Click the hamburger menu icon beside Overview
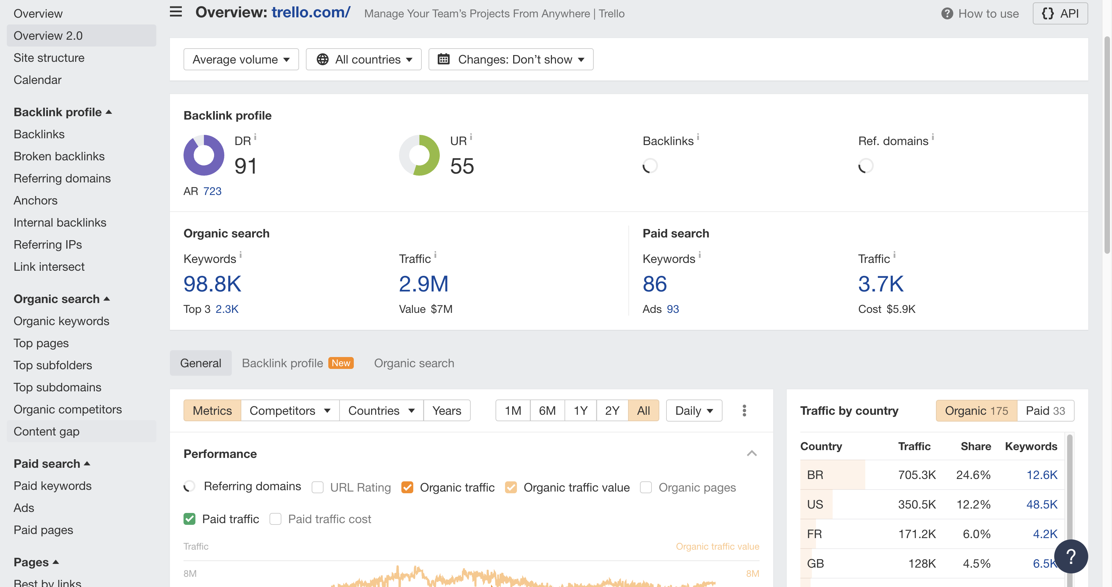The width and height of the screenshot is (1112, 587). [x=176, y=12]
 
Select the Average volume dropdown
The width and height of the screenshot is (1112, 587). [x=241, y=59]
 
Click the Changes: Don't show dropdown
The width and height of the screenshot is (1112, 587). [x=511, y=59]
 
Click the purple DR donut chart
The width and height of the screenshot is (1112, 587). [x=204, y=155]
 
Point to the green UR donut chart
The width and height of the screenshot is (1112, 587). [x=419, y=155]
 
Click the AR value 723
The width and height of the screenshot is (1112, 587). [x=212, y=191]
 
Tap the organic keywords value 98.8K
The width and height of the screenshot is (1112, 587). [x=212, y=284]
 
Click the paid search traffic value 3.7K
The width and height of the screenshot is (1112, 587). [x=881, y=284]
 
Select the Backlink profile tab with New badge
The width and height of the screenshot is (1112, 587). [x=297, y=363]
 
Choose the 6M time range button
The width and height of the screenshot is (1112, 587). [x=547, y=410]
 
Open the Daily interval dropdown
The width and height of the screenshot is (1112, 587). [x=694, y=410]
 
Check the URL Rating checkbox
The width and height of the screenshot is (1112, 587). [x=318, y=487]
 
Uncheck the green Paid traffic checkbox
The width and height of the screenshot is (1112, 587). [x=190, y=519]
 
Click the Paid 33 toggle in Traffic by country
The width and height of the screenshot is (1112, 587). [x=1045, y=410]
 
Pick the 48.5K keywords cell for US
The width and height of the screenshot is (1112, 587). [x=1042, y=504]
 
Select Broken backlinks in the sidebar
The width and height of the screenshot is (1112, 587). [x=59, y=156]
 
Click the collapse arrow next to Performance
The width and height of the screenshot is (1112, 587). [x=751, y=453]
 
